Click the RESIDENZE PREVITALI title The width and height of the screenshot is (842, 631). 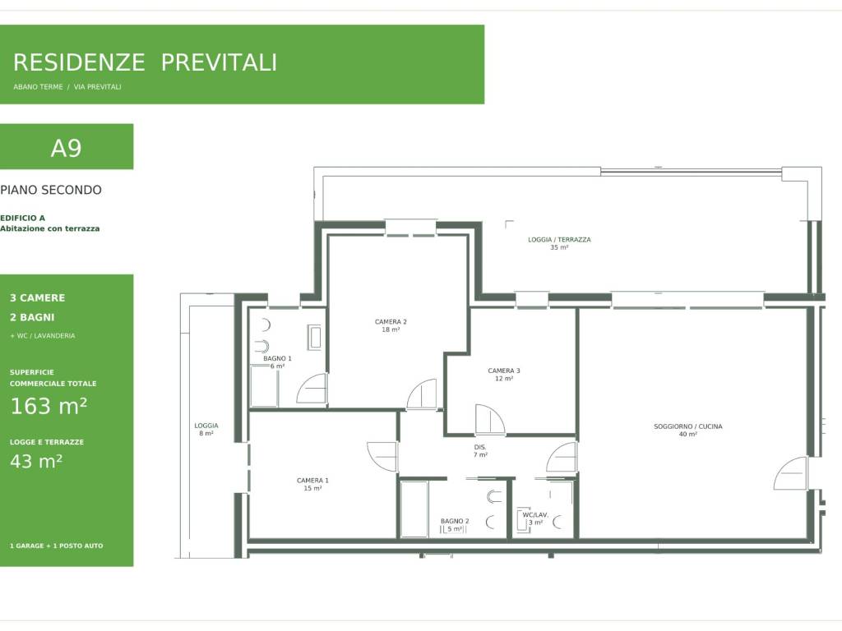(145, 62)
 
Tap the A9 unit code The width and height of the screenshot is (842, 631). (66, 148)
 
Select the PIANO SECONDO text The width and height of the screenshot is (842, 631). (51, 190)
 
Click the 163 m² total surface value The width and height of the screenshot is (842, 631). (49, 406)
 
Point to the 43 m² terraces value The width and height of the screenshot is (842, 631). (36, 461)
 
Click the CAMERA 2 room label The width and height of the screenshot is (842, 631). (391, 322)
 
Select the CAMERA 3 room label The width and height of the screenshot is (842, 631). (504, 371)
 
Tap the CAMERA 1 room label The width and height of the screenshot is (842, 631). (312, 481)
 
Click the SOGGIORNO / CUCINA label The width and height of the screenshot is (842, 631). (688, 426)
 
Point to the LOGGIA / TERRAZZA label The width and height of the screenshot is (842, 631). (559, 240)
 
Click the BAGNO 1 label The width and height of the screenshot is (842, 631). (277, 358)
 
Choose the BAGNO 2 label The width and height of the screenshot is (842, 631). (455, 521)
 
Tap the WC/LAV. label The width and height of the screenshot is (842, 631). (535, 515)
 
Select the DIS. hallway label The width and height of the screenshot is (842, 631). (480, 448)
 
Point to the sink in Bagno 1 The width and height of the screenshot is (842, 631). (315, 337)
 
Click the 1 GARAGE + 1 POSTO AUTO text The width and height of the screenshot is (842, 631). (57, 546)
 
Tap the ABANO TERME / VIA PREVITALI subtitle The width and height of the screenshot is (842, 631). (67, 87)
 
